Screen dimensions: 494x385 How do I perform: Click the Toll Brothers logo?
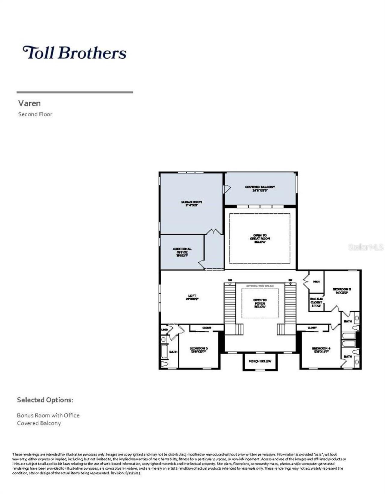pyautogui.click(x=75, y=53)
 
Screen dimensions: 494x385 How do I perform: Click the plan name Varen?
pyautogui.click(x=29, y=103)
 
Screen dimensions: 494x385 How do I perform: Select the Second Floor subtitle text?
pyautogui.click(x=35, y=114)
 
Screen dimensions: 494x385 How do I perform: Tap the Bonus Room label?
pyautogui.click(x=191, y=204)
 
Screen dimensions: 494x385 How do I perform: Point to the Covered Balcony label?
pyautogui.click(x=260, y=189)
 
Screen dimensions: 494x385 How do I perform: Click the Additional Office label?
pyautogui.click(x=182, y=252)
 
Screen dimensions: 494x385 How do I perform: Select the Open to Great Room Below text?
pyautogui.click(x=260, y=238)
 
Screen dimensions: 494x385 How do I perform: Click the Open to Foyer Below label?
pyautogui.click(x=260, y=303)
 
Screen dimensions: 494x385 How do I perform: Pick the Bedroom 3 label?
pyautogui.click(x=342, y=290)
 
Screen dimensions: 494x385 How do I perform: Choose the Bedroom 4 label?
pyautogui.click(x=321, y=350)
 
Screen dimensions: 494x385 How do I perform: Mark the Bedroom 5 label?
pyautogui.click(x=199, y=350)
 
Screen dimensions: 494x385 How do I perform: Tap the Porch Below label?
pyautogui.click(x=260, y=361)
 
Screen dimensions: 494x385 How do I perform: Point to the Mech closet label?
pyautogui.click(x=316, y=282)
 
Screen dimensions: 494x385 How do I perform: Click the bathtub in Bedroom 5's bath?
pyautogui.click(x=164, y=351)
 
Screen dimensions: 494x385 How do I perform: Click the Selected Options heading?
pyautogui.click(x=45, y=400)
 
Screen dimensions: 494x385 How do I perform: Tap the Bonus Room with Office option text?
pyautogui.click(x=48, y=415)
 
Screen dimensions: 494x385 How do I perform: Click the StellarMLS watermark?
pyautogui.click(x=365, y=247)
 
